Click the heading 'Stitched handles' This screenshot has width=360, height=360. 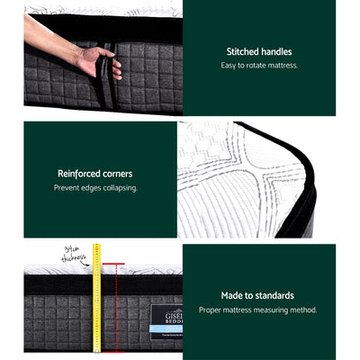(259, 52)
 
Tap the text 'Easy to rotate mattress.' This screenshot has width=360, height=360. (259, 66)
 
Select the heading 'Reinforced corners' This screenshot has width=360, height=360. (94, 174)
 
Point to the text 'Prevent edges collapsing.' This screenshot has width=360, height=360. (94, 188)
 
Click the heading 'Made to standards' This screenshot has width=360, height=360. (257, 295)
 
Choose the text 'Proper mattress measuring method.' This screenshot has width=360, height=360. (257, 310)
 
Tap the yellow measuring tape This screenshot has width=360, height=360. (96, 297)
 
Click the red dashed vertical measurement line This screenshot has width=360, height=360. (116, 306)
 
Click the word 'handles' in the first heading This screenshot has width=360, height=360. (274, 52)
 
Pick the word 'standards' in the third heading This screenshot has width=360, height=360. (274, 295)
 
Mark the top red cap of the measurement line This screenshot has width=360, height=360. (116, 265)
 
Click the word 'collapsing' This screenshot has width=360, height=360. (118, 188)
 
